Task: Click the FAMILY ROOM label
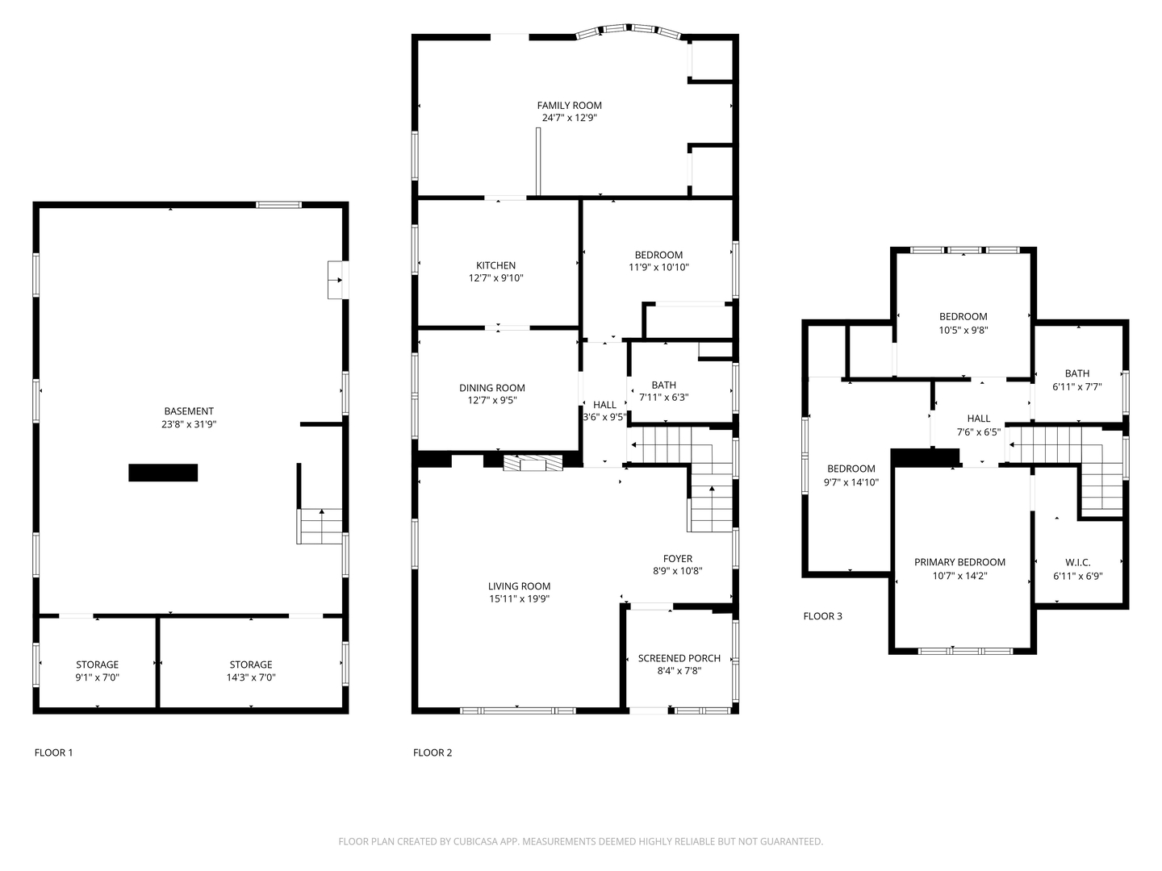(569, 105)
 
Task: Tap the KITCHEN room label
(495, 265)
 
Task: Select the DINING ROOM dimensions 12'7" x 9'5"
(491, 400)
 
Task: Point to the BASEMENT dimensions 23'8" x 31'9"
(189, 424)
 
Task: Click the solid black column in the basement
(163, 473)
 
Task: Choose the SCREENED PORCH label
(679, 658)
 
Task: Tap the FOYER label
(678, 558)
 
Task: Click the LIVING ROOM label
(519, 586)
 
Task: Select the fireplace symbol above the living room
(533, 463)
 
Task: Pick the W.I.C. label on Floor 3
(1078, 563)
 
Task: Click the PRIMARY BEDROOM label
(959, 562)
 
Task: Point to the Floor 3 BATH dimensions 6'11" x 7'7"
(1077, 386)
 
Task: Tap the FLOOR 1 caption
(53, 752)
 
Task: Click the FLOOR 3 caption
(822, 616)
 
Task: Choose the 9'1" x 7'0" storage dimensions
(98, 677)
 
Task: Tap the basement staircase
(320, 526)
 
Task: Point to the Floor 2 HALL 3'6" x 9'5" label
(604, 411)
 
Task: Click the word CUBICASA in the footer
(475, 841)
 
